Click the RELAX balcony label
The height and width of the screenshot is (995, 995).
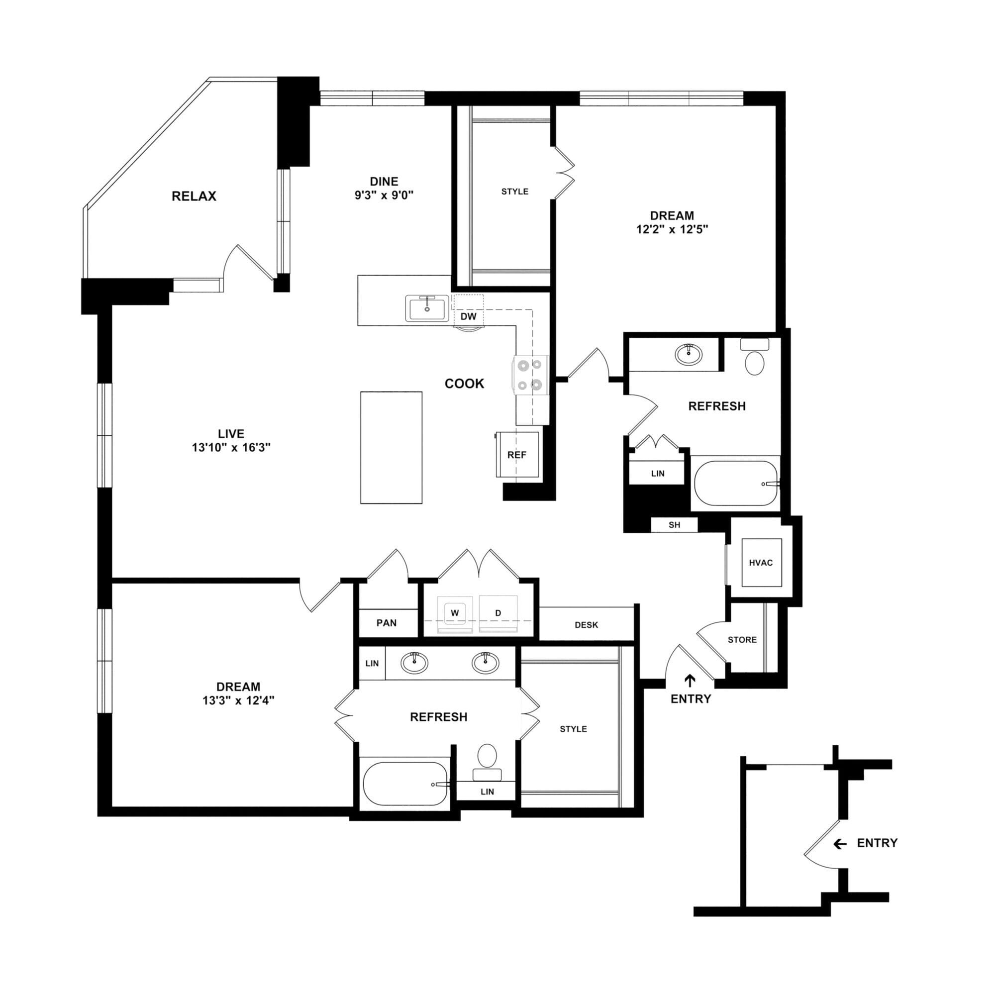click(x=194, y=196)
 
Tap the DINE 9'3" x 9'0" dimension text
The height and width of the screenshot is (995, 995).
click(x=384, y=196)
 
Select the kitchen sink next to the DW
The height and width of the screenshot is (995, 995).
click(x=427, y=308)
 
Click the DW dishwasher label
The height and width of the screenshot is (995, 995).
click(x=468, y=317)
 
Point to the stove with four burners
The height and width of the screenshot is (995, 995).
click(x=530, y=375)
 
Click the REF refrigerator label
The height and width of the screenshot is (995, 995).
click(x=516, y=455)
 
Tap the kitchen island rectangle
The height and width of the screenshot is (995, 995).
click(x=391, y=448)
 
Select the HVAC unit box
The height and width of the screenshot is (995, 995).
click(x=761, y=563)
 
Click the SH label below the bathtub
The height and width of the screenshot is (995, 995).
click(x=674, y=525)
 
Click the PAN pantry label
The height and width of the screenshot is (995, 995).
click(x=386, y=623)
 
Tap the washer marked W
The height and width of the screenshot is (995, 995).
click(x=455, y=613)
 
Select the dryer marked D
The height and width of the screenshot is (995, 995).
click(x=498, y=613)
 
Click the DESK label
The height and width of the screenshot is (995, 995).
click(x=586, y=625)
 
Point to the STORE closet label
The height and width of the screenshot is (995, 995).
click(x=742, y=640)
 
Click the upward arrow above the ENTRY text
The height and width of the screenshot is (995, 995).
click(x=690, y=681)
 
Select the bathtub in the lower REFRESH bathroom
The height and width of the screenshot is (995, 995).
click(x=405, y=784)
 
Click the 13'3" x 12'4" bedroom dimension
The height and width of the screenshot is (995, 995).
click(x=238, y=700)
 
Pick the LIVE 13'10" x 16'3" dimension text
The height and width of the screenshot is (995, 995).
click(x=231, y=448)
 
